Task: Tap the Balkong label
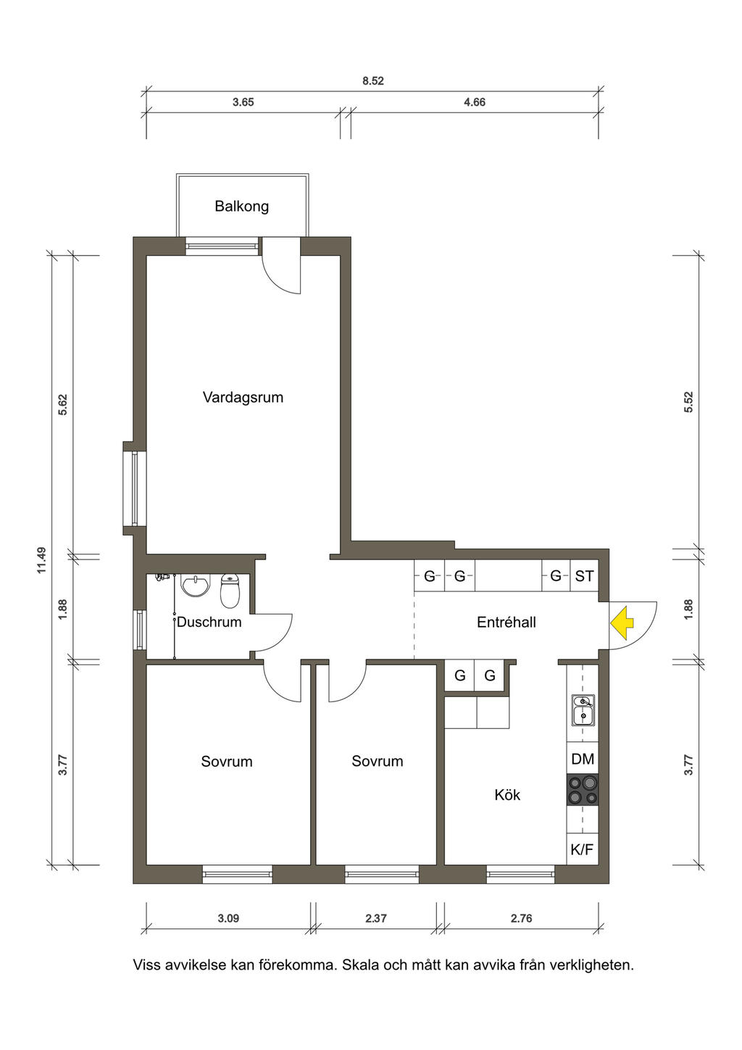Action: click(241, 207)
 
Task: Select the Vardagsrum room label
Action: click(243, 398)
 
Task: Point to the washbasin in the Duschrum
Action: click(195, 586)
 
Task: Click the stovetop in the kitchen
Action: click(583, 790)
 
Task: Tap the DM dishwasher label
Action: click(583, 759)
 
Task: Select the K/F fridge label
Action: click(582, 849)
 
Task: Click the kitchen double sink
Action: click(583, 709)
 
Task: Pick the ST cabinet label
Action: click(584, 575)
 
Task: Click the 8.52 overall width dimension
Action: click(373, 81)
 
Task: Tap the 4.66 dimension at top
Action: click(475, 102)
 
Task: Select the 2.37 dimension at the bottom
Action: click(376, 918)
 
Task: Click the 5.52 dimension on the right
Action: click(688, 401)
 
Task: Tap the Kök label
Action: click(507, 795)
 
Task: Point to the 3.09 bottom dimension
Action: click(228, 918)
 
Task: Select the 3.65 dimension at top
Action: click(243, 102)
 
